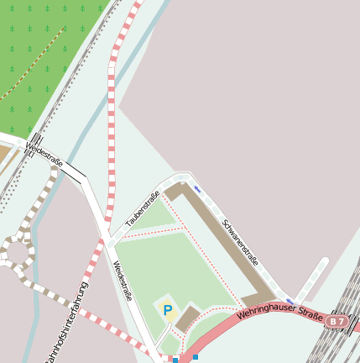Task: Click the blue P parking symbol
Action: click(167, 311)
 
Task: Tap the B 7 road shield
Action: click(337, 322)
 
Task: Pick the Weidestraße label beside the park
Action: click(123, 280)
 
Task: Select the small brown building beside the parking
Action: click(189, 318)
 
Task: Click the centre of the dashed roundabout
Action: click(16, 250)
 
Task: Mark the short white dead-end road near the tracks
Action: click(314, 277)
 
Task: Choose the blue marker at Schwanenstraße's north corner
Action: click(197, 189)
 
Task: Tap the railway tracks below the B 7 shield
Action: click(340, 345)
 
